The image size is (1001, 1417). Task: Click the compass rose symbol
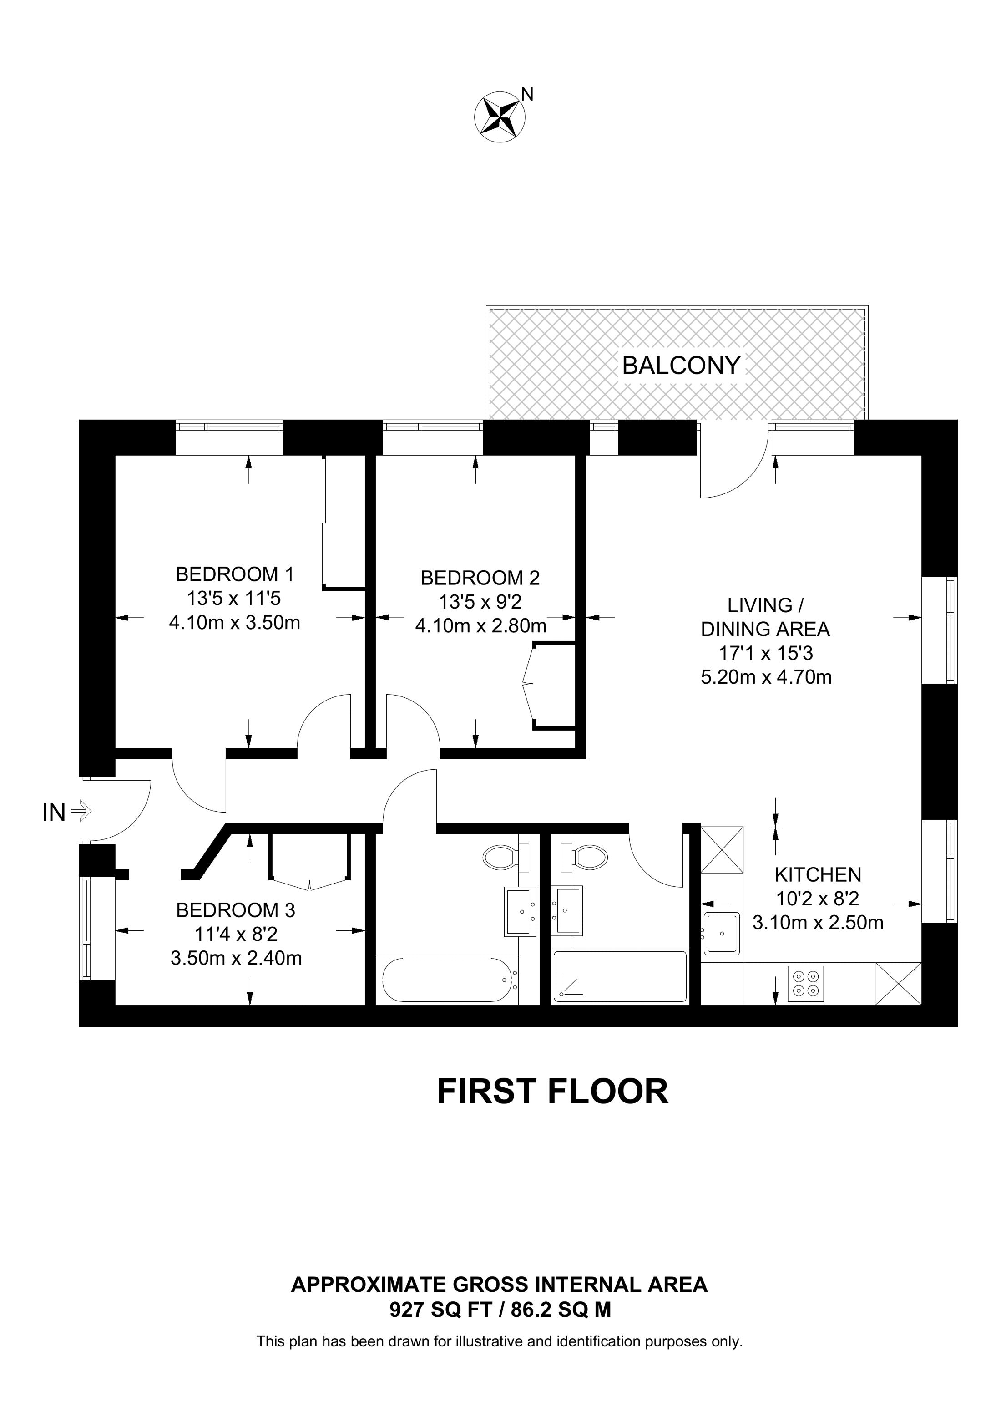coord(499,117)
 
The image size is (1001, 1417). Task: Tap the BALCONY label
coord(680,366)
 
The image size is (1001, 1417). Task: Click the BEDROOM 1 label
coord(235,574)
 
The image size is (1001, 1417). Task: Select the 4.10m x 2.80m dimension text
coord(480,626)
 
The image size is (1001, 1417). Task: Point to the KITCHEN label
coord(818,874)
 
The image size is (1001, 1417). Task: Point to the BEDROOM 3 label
coord(236,910)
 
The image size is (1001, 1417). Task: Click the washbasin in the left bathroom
coord(521,911)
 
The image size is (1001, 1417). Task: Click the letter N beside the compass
coord(527,94)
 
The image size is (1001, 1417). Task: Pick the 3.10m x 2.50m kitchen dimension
coord(818,922)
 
